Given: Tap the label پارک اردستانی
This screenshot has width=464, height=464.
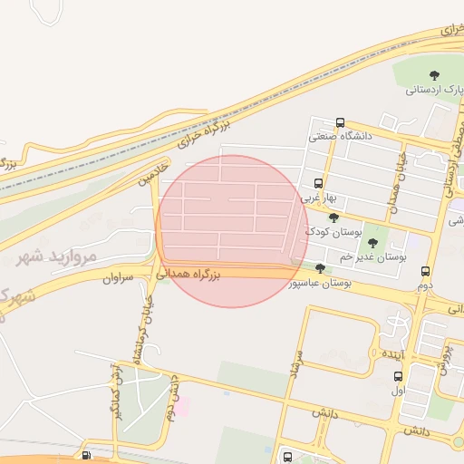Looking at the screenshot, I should coord(434,90).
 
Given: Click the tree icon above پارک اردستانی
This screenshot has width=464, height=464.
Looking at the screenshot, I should coord(434,75).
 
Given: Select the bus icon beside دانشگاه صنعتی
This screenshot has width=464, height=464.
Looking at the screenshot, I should coord(340,123).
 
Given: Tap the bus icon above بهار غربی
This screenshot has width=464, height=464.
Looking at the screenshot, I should coord(318,183).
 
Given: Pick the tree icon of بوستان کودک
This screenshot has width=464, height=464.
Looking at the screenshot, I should coord(333,217).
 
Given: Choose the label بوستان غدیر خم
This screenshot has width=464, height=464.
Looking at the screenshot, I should coord(372,257).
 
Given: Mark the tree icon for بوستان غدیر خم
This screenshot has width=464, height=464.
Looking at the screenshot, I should coord(372,243).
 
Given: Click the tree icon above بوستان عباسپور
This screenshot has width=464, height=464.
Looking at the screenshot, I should coord(320,268).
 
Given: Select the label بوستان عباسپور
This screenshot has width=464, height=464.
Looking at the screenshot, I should coord(320,283).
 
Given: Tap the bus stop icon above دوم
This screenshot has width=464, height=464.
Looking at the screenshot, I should coord(425,271).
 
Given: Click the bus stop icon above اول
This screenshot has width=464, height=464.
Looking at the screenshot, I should coord(398,376).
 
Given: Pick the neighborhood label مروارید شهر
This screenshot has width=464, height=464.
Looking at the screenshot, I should coord(56,256).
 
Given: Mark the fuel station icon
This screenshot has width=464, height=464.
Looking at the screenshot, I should coord(86,455).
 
